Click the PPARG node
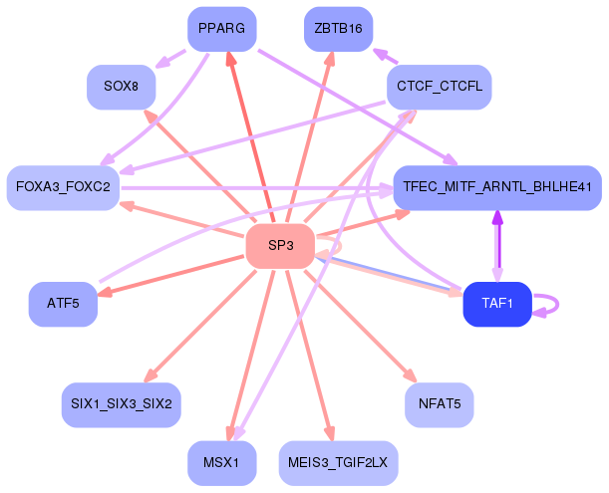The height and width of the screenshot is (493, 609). [221, 28]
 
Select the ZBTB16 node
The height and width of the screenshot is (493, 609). [338, 28]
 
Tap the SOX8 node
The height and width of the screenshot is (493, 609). [121, 87]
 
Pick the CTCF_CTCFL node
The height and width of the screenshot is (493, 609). [439, 87]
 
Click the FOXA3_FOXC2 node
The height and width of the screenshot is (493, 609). [64, 187]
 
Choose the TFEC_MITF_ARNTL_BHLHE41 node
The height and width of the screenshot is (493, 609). [497, 187]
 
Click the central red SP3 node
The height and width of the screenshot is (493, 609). [280, 245]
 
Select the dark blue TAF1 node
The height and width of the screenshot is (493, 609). [496, 304]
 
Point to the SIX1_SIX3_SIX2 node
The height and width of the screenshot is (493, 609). [121, 404]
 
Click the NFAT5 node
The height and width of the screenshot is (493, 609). [439, 404]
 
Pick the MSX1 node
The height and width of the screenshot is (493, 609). [221, 463]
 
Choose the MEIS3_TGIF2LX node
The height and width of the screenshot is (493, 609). [338, 463]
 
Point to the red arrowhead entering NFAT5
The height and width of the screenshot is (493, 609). [410, 377]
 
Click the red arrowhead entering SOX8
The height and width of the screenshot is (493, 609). [148, 114]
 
